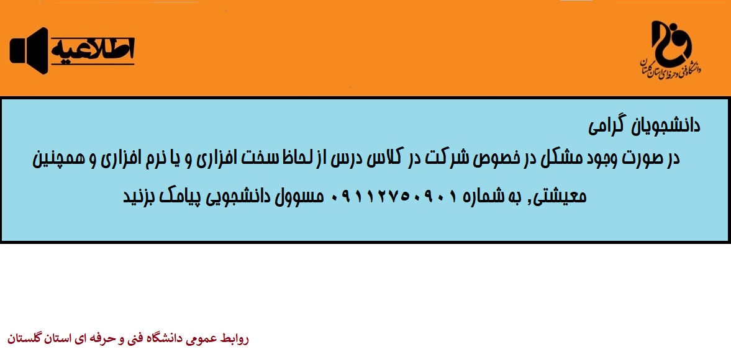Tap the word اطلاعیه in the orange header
pyautogui.click(x=93, y=50)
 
